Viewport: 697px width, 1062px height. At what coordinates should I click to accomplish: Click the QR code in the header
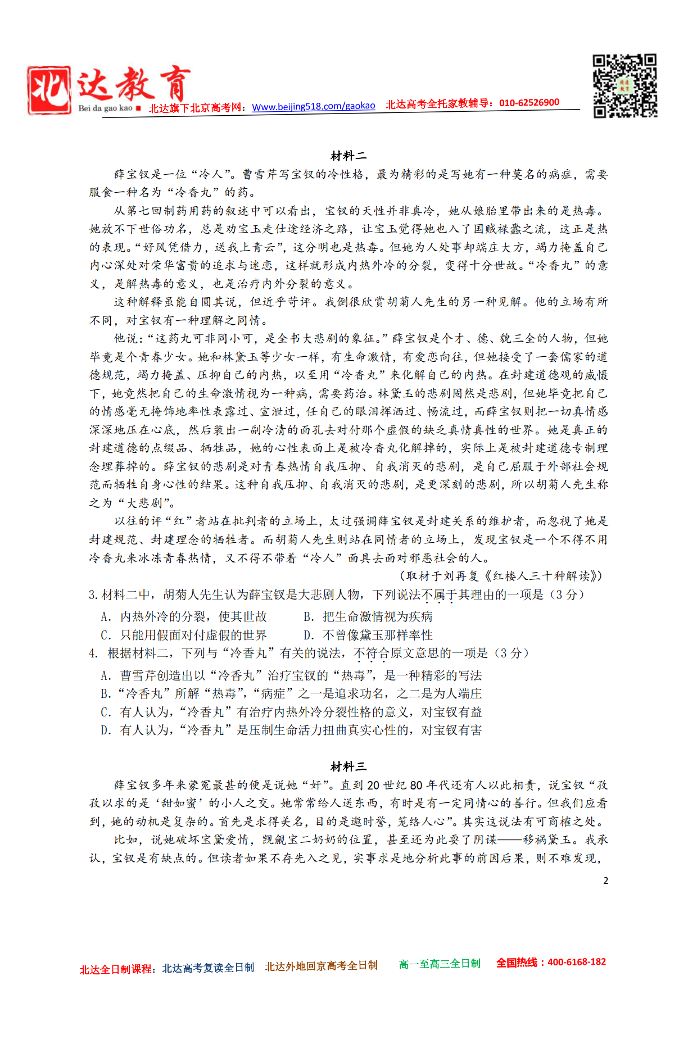(x=625, y=86)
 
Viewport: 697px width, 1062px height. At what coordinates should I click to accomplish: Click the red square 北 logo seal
(x=49, y=90)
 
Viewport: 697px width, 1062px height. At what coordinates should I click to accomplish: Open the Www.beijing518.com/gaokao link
(x=313, y=106)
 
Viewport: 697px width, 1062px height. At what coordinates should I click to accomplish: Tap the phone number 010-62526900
(x=529, y=103)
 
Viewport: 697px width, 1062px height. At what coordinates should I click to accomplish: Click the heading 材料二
(x=348, y=156)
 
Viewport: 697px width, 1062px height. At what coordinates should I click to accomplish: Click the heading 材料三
(x=348, y=766)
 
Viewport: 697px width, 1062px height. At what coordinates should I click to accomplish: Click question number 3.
(x=93, y=594)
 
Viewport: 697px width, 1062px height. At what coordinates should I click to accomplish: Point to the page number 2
(x=605, y=881)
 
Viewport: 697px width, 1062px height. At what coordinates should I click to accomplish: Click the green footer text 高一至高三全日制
(x=440, y=964)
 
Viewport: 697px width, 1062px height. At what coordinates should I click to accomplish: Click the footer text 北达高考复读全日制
(x=208, y=968)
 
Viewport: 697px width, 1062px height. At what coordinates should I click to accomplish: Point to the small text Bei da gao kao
(x=105, y=108)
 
